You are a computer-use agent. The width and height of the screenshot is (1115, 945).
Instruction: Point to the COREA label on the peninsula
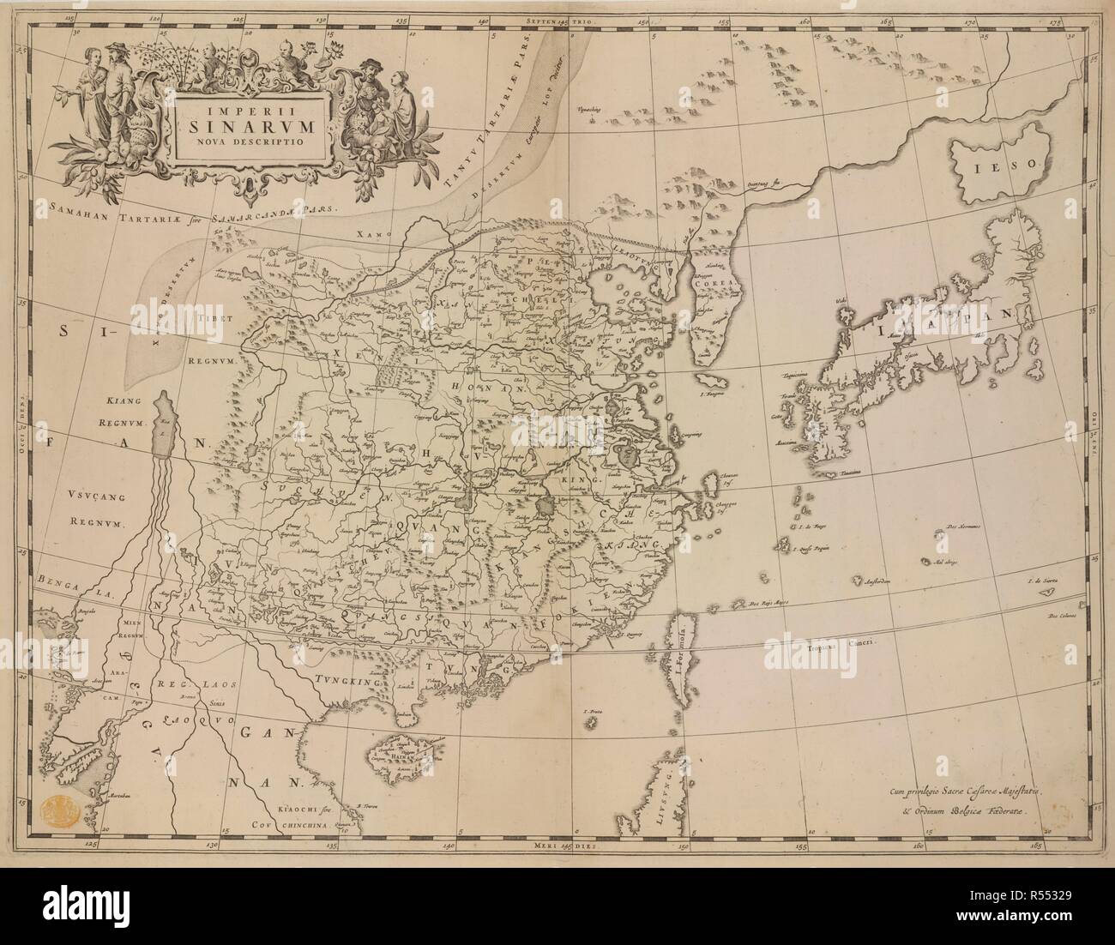pyautogui.click(x=711, y=289)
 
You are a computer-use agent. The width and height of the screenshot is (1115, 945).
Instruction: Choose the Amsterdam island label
pyautogui.click(x=873, y=581)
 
